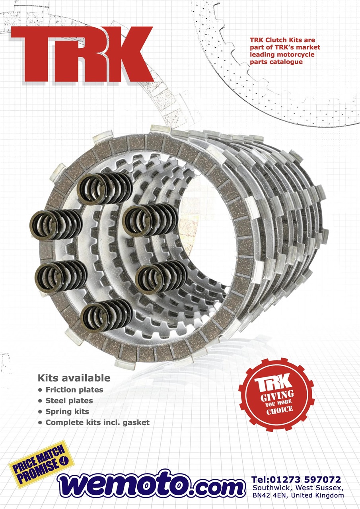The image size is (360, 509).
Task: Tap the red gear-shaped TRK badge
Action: (x=276, y=395)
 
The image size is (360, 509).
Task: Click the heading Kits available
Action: (x=74, y=378)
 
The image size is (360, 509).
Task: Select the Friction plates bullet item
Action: (x=71, y=390)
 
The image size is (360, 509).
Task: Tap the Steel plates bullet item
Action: (x=66, y=400)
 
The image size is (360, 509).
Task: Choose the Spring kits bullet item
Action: (x=64, y=412)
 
